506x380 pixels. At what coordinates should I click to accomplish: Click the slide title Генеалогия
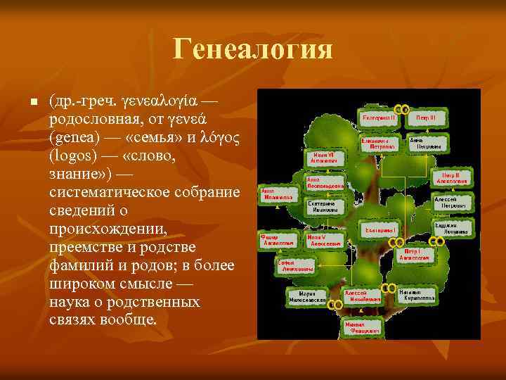tap(252, 51)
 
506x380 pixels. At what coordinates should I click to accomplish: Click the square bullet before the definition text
tap(32, 103)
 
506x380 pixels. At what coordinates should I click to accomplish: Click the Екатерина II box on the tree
tap(379, 118)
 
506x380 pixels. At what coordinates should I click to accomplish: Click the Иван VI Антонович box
tap(325, 158)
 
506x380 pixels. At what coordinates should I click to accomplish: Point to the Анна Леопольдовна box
tap(325, 183)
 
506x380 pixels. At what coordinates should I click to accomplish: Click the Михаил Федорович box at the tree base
tap(363, 327)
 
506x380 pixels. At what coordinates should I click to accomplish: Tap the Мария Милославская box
tap(307, 296)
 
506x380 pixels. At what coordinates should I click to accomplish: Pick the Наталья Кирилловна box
tap(417, 295)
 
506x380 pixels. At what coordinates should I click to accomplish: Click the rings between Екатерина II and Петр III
tap(403, 109)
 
